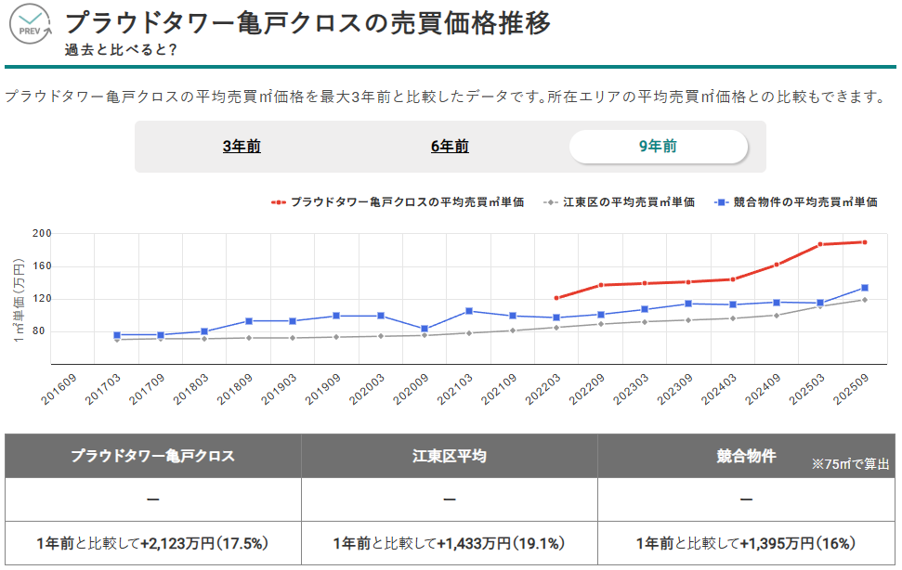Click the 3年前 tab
[x=242, y=147]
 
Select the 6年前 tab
[x=450, y=147]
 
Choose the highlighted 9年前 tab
[x=658, y=147]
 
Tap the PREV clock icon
[x=31, y=24]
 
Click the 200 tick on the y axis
[x=41, y=233]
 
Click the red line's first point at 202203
[x=556, y=298]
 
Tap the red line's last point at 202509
[x=864, y=242]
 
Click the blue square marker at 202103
[x=469, y=311]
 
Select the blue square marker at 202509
[x=864, y=288]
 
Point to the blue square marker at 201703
[x=117, y=335]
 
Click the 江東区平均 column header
[x=449, y=456]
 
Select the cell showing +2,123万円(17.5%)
[x=153, y=543]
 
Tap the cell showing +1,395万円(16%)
[x=745, y=543]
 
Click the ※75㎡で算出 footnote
[x=850, y=463]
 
